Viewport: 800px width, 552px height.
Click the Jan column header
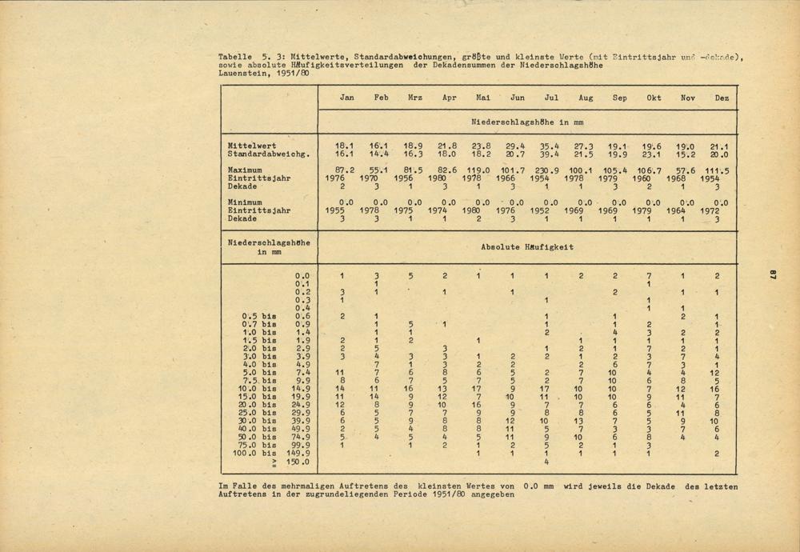click(x=346, y=98)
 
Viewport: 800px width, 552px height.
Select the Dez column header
click(x=722, y=98)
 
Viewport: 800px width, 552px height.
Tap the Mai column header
click(x=483, y=98)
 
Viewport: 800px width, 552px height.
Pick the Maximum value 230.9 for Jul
click(x=551, y=170)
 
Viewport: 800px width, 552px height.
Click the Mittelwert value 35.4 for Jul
click(x=551, y=146)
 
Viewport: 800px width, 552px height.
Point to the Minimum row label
click(x=245, y=203)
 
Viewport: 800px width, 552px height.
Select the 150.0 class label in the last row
click(x=298, y=462)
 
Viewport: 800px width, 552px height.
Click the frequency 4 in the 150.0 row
click(x=546, y=462)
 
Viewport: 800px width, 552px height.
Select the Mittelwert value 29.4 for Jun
click(x=517, y=146)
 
